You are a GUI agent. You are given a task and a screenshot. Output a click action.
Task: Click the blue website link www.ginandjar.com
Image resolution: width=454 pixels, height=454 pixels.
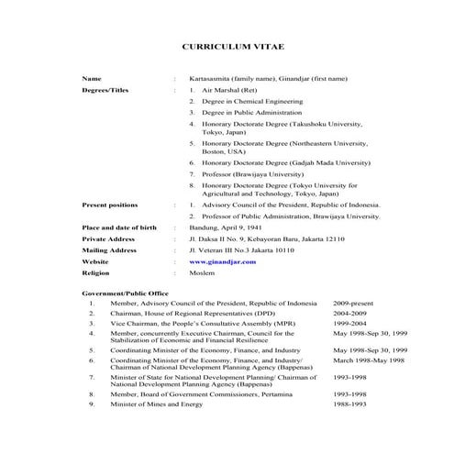click(x=223, y=261)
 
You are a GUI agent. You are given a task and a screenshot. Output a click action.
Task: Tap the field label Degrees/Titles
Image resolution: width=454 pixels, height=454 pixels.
click(x=107, y=92)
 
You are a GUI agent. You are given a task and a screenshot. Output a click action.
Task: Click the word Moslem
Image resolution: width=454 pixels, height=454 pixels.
click(x=202, y=272)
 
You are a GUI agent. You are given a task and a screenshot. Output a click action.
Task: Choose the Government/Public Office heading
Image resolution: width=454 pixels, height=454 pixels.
click(x=125, y=293)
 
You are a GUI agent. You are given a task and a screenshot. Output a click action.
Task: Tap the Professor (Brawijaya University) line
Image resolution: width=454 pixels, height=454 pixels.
click(x=246, y=172)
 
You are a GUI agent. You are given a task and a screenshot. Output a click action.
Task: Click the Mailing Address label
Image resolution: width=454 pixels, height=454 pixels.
click(x=109, y=249)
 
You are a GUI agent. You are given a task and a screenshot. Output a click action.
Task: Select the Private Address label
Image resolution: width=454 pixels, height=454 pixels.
click(x=108, y=238)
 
